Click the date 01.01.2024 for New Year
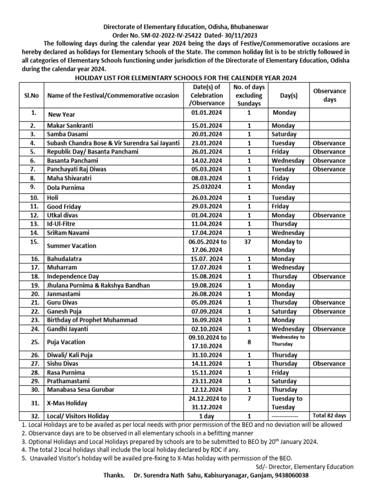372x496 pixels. coord(204,113)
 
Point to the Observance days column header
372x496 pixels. coord(329,95)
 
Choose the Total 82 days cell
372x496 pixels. coord(329,416)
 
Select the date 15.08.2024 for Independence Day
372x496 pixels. coord(204,276)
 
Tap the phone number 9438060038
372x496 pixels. coord(288,475)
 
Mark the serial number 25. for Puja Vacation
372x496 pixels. coord(33,341)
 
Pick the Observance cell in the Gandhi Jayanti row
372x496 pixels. coord(329,329)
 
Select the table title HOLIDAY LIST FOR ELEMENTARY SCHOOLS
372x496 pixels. coord(186,78)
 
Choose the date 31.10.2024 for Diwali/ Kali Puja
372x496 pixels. coord(204,355)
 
